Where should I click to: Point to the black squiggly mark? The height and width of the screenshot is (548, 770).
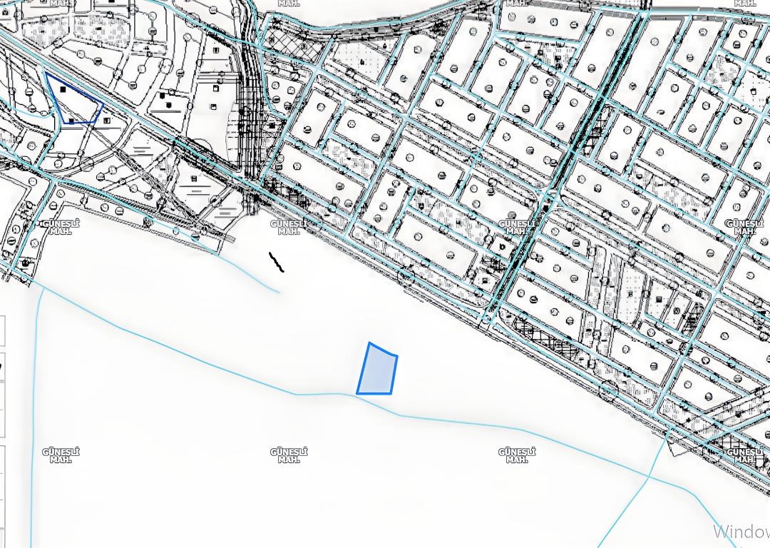(x=277, y=263)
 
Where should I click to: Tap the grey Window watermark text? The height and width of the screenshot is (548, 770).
(x=741, y=532)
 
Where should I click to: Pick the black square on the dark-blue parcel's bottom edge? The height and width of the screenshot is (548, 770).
(x=71, y=122)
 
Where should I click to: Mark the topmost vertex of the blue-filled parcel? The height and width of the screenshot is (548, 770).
(x=369, y=343)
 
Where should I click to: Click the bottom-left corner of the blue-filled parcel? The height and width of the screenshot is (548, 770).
(x=357, y=393)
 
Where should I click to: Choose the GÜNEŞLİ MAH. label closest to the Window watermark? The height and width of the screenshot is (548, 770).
(x=744, y=455)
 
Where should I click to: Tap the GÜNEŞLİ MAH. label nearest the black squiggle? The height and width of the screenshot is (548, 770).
(x=289, y=227)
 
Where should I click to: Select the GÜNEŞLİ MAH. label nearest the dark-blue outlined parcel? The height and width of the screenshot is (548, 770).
(x=61, y=227)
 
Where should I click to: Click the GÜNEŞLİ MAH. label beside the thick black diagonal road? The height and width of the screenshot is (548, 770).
(x=516, y=227)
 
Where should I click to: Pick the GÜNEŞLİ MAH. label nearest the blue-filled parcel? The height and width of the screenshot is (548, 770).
(x=289, y=455)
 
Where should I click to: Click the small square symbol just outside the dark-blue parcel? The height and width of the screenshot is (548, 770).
(x=106, y=121)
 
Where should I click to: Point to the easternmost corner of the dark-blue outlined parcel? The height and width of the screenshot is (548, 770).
(x=103, y=104)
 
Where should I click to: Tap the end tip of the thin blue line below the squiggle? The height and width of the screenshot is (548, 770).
(x=279, y=292)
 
